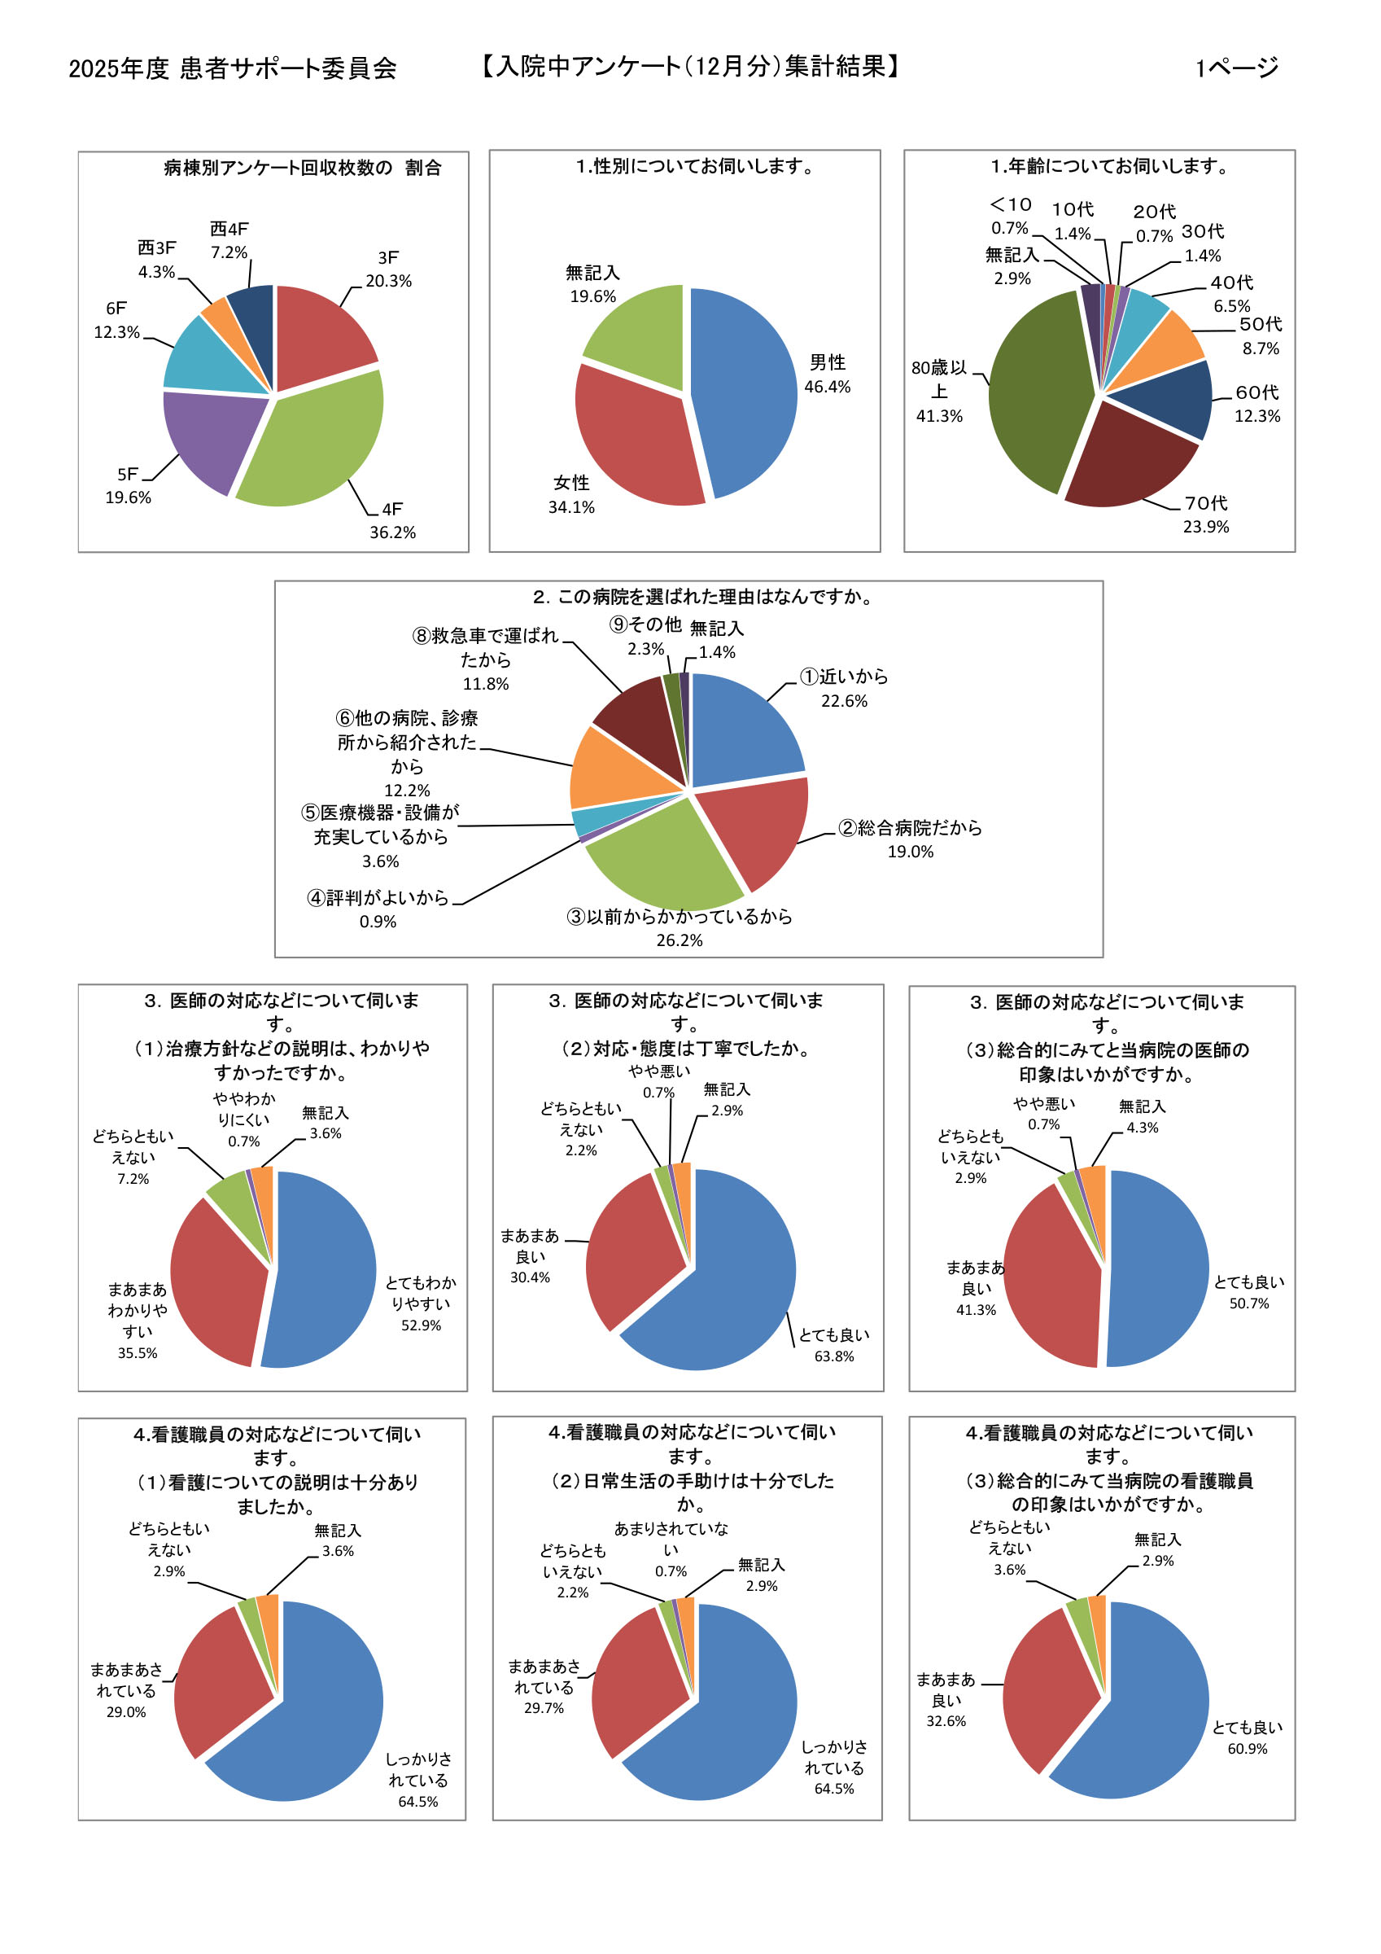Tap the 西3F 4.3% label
pos(156,260)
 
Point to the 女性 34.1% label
pos(571,494)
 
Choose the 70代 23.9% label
pos(1206,515)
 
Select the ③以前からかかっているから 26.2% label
pos(679,927)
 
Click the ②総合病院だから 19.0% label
pos(910,839)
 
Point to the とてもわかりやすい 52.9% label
pos(421,1303)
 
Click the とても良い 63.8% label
pos(834,1345)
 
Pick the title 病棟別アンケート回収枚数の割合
pos(302,168)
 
